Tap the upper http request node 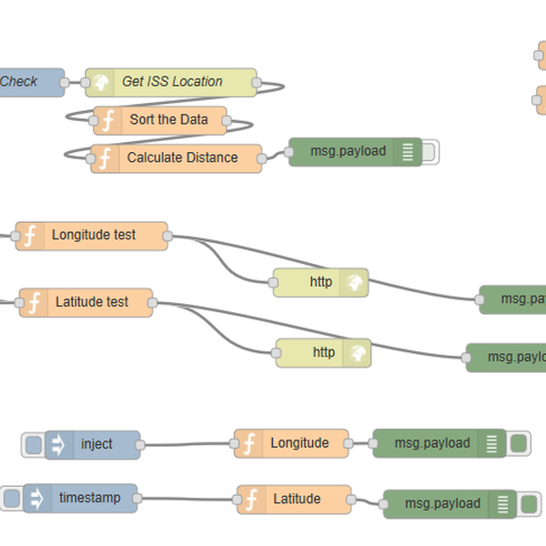[320, 283]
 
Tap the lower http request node [323, 353]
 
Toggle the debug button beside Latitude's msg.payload [530, 503]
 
